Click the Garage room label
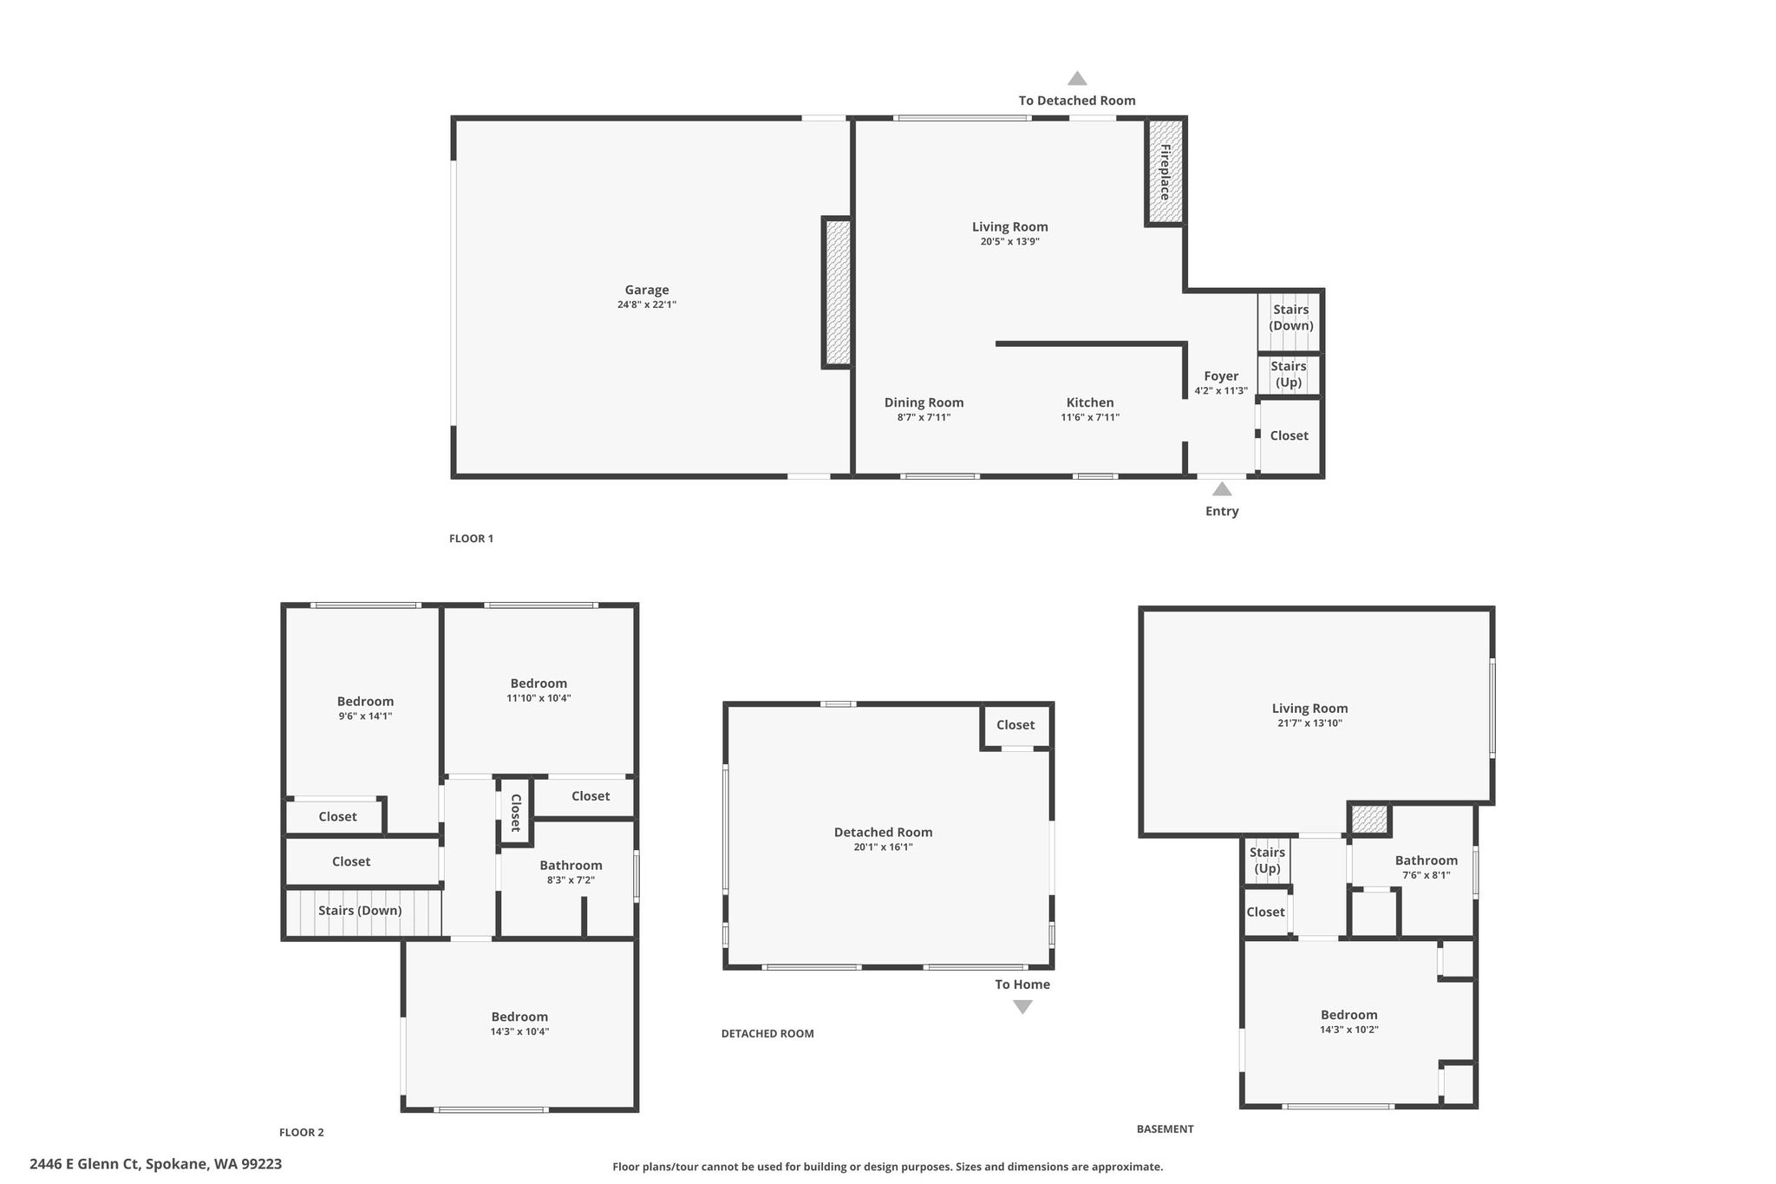647,290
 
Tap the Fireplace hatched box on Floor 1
1165,172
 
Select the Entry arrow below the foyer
1222,489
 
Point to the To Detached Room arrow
1077,78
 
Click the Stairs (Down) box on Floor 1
1290,322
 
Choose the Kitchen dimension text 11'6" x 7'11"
1090,417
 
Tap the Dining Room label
924,402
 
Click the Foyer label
1221,376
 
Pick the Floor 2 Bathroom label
571,865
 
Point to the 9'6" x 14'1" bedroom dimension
365,716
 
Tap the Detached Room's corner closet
1016,726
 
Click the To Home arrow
1023,1007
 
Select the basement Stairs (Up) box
1267,860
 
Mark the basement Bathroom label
1427,860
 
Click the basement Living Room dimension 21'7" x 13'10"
1309,723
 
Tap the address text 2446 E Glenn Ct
84,1164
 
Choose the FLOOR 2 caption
302,1132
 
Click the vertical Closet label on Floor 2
515,813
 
